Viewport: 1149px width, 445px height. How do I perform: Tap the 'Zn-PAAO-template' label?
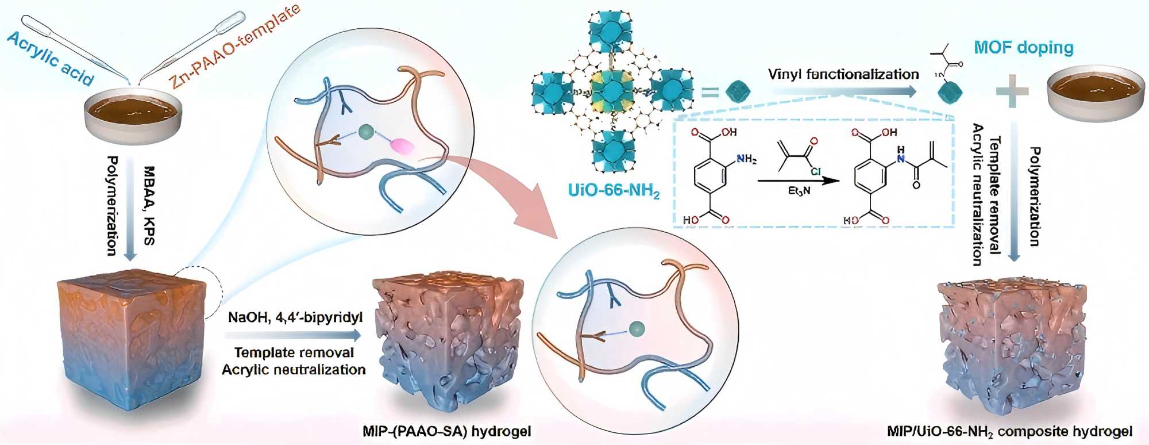point(236,47)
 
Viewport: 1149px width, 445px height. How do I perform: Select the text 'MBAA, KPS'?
point(149,205)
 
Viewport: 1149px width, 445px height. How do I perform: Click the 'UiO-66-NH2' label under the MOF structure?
point(614,190)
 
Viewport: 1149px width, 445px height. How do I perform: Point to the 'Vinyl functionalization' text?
point(843,74)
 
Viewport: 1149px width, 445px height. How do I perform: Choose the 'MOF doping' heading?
point(1024,47)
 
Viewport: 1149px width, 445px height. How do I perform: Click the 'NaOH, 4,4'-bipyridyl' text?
point(295,317)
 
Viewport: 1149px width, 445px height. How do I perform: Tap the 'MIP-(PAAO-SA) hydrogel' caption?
point(447,431)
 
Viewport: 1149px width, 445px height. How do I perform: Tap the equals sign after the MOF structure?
point(709,92)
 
